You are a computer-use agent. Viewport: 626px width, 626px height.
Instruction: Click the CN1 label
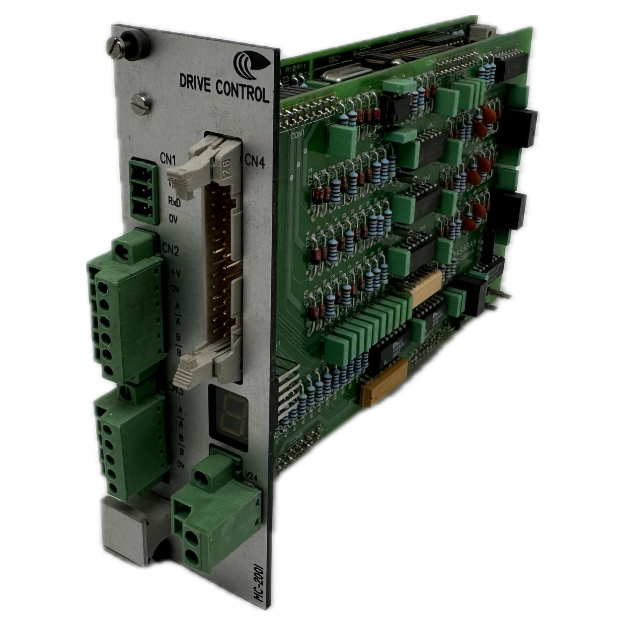click(x=168, y=159)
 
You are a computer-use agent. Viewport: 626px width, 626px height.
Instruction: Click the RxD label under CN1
click(x=174, y=202)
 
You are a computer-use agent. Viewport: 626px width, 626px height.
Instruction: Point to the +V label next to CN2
click(x=174, y=273)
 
